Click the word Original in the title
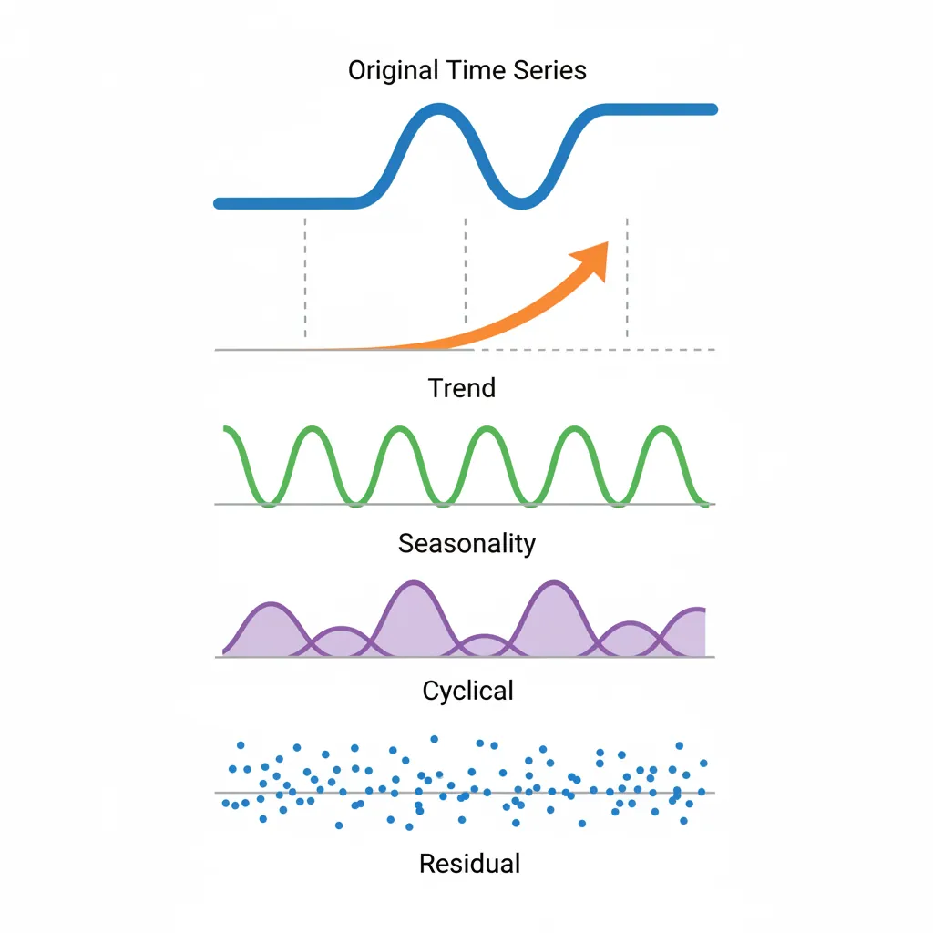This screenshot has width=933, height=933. click(x=394, y=70)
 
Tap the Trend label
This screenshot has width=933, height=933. click(x=462, y=387)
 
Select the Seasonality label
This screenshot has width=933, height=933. click(x=466, y=544)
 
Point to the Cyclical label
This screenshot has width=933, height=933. click(x=467, y=691)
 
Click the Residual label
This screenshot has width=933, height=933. click(x=469, y=863)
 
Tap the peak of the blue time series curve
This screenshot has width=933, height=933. click(x=439, y=111)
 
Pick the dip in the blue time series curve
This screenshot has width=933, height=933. click(x=521, y=200)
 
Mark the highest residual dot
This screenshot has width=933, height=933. click(x=435, y=739)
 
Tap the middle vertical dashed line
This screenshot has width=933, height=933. click(x=466, y=273)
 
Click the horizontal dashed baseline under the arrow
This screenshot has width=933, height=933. click(x=592, y=349)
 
